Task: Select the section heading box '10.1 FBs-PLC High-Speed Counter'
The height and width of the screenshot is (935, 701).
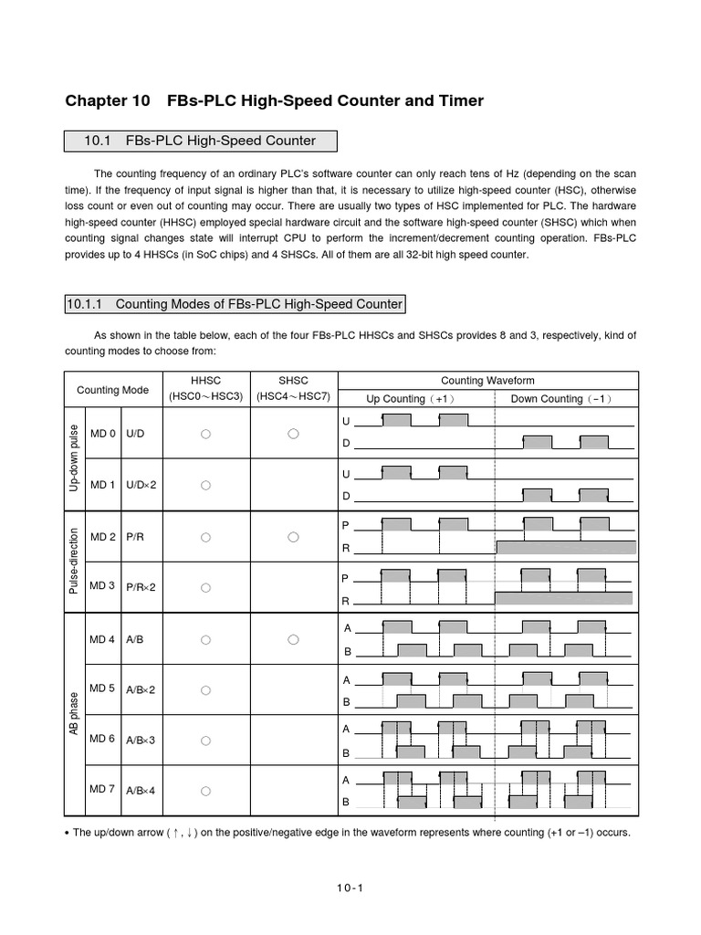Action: coord(200,141)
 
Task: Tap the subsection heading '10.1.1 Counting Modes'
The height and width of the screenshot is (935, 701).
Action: coord(234,303)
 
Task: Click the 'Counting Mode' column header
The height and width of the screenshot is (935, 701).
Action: coord(111,390)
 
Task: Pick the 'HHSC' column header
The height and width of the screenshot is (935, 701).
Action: coord(205,381)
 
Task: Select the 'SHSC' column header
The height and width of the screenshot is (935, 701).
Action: coord(293,381)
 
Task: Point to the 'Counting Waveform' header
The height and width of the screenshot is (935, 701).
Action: coord(487,380)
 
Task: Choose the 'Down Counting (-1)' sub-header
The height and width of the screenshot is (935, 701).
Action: coord(561,399)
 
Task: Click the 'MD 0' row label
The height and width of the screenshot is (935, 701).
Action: coord(103,434)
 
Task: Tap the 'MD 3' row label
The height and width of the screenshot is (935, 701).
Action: coord(103,585)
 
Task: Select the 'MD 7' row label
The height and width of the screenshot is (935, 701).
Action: coord(103,789)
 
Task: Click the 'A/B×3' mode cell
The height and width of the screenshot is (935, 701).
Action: coord(141,740)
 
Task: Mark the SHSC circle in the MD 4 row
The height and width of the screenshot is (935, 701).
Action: coord(293,640)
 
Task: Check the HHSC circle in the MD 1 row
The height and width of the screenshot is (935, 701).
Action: coord(205,485)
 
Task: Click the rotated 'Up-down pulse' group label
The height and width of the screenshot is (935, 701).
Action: coord(75,458)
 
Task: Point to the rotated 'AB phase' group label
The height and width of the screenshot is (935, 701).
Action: coord(75,714)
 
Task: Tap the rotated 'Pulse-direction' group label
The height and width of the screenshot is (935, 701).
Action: coord(75,562)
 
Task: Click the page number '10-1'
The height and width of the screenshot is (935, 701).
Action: coord(350,887)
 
